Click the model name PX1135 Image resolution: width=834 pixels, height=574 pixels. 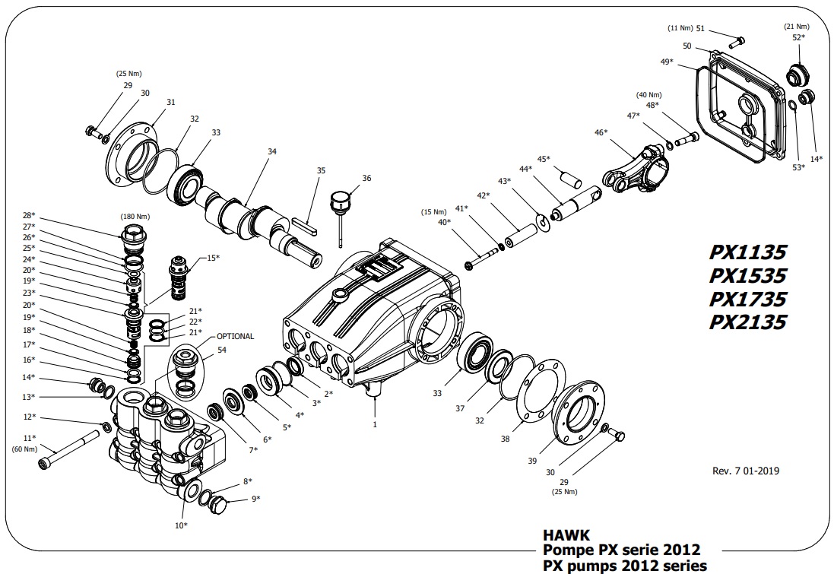747,252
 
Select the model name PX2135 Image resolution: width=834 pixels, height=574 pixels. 747,322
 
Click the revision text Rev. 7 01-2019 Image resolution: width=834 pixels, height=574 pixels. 745,471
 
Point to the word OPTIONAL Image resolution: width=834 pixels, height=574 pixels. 236,336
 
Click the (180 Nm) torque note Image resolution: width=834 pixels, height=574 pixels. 136,216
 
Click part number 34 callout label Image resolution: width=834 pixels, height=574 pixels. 272,151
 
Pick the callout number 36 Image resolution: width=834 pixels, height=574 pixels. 366,179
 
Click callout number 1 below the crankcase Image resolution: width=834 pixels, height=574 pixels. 374,424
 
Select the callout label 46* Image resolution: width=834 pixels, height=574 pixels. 601,132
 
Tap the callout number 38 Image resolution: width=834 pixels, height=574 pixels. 506,439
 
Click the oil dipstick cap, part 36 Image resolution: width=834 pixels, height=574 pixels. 339,203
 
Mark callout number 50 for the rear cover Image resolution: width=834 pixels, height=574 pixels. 687,46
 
